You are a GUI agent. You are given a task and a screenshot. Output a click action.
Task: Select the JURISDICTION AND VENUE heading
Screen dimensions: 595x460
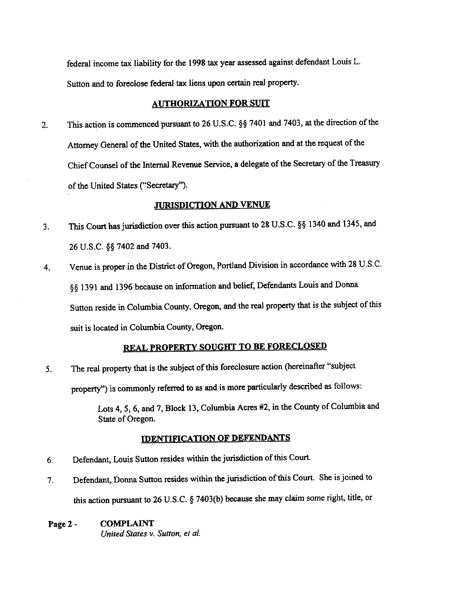point(212,205)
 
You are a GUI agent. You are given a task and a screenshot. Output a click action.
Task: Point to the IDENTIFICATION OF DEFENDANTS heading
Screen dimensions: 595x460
point(215,438)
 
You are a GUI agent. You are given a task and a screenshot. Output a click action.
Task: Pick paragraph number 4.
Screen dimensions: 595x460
point(47,267)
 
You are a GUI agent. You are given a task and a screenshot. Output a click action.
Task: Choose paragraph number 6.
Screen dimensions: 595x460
point(50,460)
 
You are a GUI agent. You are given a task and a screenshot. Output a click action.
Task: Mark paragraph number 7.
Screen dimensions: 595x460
point(50,481)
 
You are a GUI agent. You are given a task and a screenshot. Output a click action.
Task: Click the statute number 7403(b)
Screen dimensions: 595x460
point(209,499)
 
